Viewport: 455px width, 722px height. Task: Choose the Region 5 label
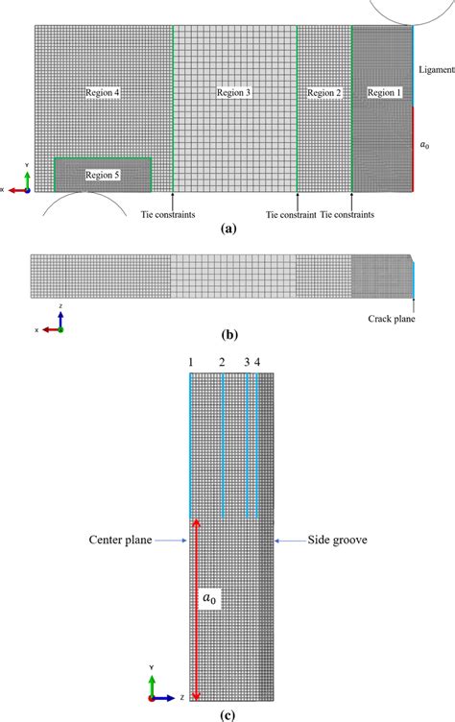click(x=102, y=175)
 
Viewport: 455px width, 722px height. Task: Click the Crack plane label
click(x=395, y=318)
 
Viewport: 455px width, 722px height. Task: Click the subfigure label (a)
click(x=227, y=229)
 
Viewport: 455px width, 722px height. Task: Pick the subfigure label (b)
click(x=227, y=336)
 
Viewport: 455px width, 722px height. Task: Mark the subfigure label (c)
click(x=227, y=713)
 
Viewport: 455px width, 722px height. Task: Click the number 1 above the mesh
click(x=190, y=361)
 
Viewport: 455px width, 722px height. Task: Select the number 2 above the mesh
click(x=222, y=361)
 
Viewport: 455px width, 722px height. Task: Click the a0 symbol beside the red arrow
click(x=207, y=598)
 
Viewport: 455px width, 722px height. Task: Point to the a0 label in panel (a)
click(x=425, y=145)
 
